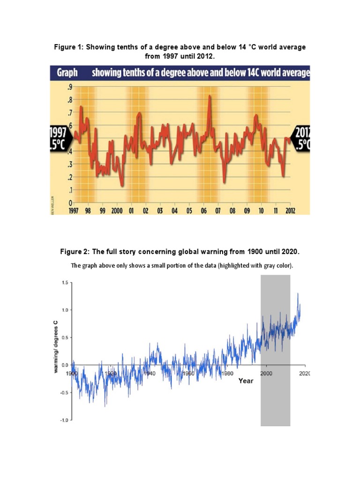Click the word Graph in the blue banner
point(67,73)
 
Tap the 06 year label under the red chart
point(203,211)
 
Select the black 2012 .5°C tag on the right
point(302,138)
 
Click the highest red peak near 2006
point(210,96)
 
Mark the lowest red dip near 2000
point(122,185)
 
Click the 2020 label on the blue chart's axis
point(305,373)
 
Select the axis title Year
point(246,381)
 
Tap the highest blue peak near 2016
point(298,294)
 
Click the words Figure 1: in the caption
point(69,48)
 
